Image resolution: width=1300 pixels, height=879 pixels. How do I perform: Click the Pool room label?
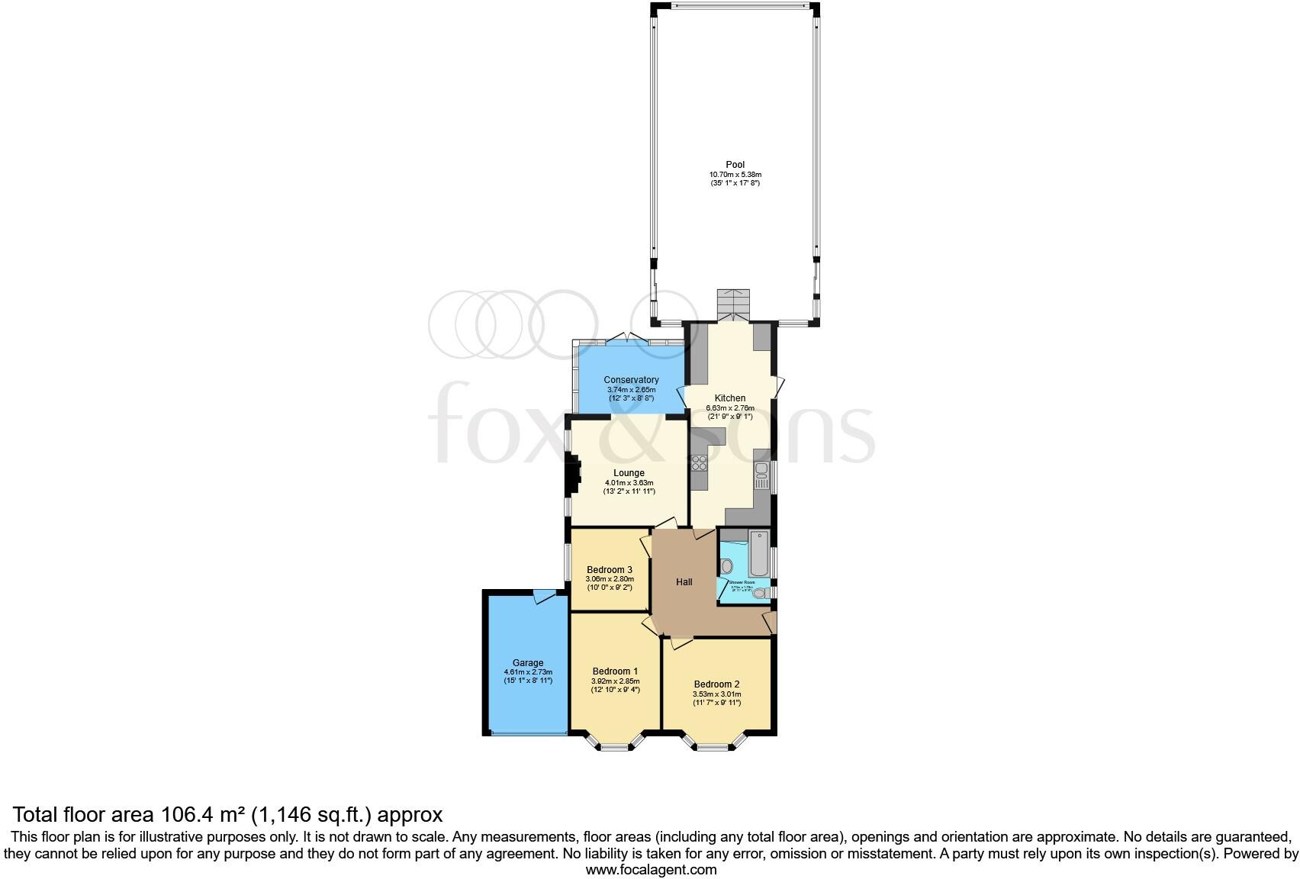click(x=735, y=164)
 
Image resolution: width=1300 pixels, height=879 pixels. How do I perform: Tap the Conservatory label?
click(x=631, y=380)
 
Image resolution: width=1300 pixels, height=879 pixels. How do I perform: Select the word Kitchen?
click(x=729, y=398)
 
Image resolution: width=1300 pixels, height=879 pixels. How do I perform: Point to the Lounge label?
click(x=629, y=473)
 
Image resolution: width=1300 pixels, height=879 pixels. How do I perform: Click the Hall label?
click(x=684, y=582)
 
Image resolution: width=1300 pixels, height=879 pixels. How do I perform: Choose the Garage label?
click(x=527, y=663)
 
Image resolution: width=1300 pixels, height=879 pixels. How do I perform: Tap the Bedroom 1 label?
click(x=615, y=671)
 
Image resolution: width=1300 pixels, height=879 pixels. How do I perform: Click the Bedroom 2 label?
click(x=716, y=684)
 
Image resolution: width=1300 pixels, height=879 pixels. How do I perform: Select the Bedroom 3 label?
click(x=609, y=570)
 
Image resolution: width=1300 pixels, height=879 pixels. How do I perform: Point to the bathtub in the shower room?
click(x=759, y=555)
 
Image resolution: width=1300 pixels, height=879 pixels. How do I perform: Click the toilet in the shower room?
click(x=726, y=566)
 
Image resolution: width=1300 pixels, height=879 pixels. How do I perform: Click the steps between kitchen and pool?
click(x=734, y=304)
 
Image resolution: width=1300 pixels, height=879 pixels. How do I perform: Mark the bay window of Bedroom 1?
click(x=614, y=742)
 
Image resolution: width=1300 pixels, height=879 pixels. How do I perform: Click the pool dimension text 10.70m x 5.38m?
click(x=735, y=175)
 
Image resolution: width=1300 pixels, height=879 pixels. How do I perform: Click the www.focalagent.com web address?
click(x=651, y=870)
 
